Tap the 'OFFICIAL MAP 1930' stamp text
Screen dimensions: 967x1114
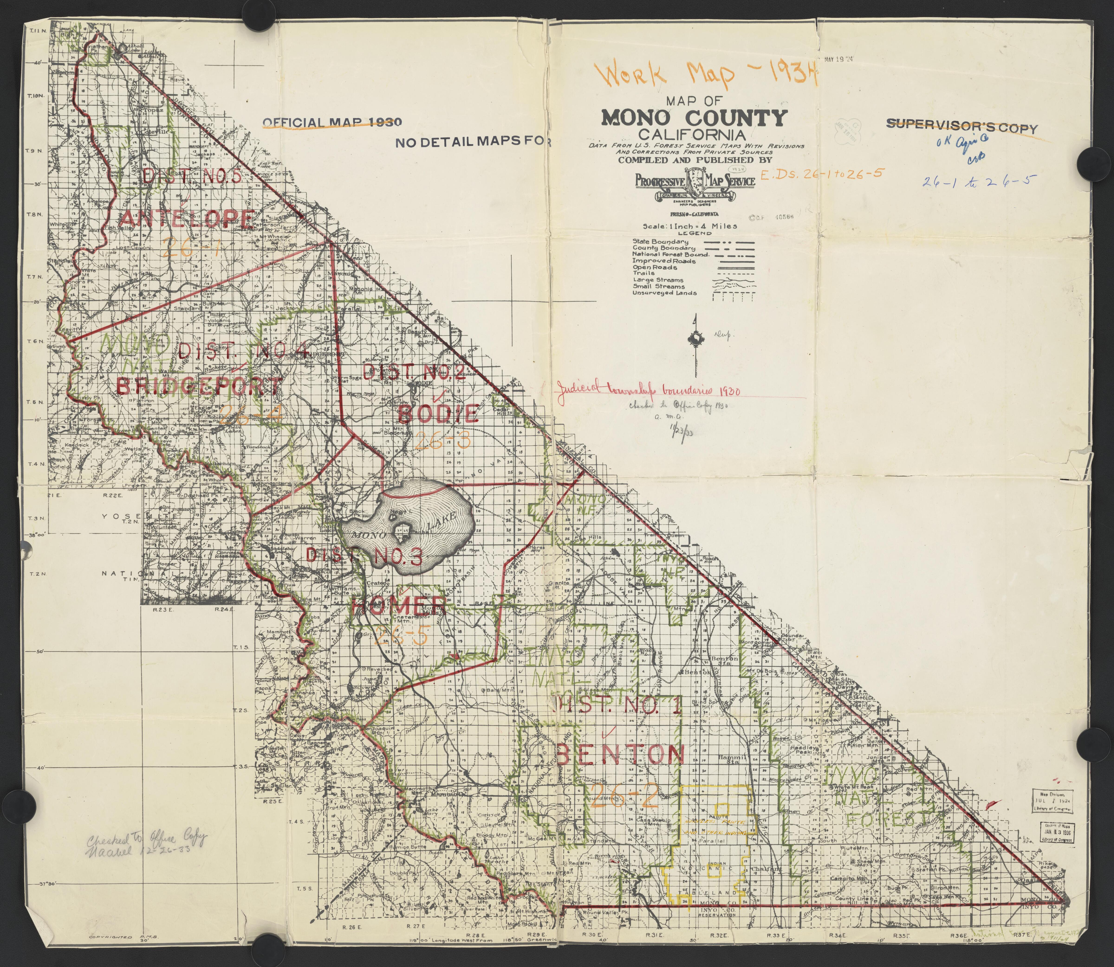tap(331, 122)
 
